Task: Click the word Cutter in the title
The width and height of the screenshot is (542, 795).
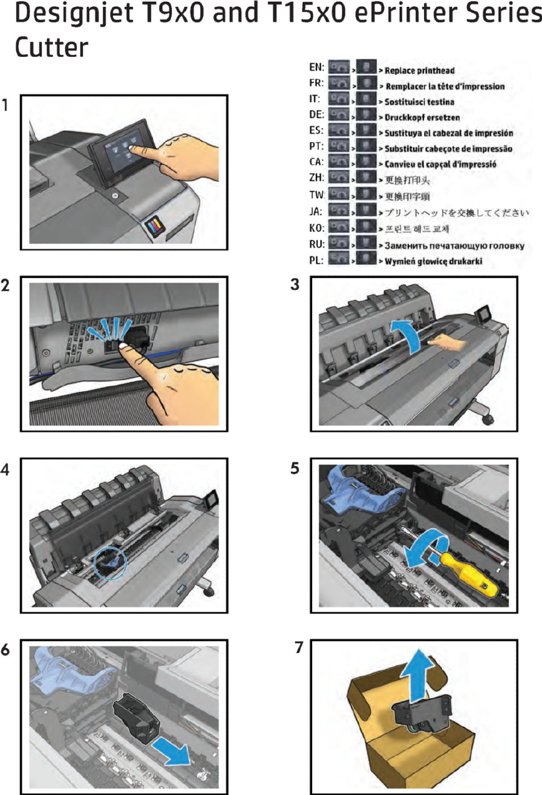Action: [51, 48]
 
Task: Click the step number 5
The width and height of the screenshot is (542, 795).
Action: [295, 470]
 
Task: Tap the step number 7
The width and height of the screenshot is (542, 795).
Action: [299, 648]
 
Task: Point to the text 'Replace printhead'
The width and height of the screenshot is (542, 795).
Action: [419, 71]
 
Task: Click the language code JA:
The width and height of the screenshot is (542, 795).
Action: [316, 212]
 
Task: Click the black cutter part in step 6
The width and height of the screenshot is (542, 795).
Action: [138, 719]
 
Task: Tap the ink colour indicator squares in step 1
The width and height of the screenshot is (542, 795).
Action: [155, 226]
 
